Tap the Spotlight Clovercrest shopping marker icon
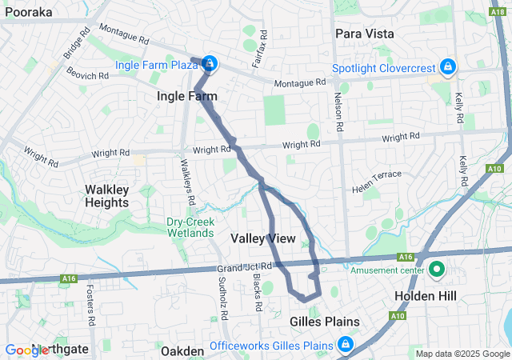(x=448, y=65)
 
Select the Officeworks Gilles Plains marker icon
(x=345, y=346)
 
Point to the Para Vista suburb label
(x=362, y=33)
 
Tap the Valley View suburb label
(x=262, y=238)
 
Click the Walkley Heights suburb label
(x=107, y=196)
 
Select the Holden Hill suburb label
(x=426, y=296)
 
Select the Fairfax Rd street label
(x=258, y=56)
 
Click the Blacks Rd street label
(x=257, y=293)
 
